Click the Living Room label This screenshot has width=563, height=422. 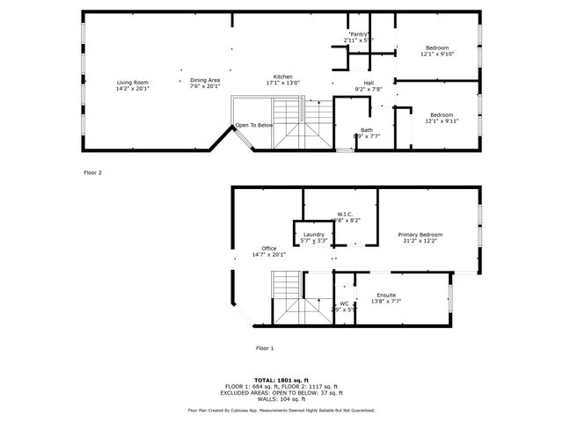pyautogui.click(x=133, y=82)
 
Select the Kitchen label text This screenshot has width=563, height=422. pyautogui.click(x=282, y=77)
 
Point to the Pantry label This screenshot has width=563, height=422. pyautogui.click(x=357, y=34)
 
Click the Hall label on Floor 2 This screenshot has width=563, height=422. pyautogui.click(x=369, y=84)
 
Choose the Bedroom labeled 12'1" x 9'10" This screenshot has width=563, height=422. pyautogui.click(x=437, y=47)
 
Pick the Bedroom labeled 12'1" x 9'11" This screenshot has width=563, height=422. pyautogui.click(x=441, y=115)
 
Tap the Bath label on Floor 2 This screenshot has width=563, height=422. pyautogui.click(x=366, y=130)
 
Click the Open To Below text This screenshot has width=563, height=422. pyautogui.click(x=254, y=126)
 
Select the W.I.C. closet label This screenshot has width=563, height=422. pyautogui.click(x=345, y=214)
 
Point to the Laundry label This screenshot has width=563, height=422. pyautogui.click(x=313, y=235)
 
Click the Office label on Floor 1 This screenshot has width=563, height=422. pyautogui.click(x=268, y=249)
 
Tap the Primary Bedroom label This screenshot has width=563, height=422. pyautogui.click(x=420, y=235)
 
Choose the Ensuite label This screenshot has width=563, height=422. pyautogui.click(x=386, y=295)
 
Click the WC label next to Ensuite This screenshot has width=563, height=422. pyautogui.click(x=344, y=304)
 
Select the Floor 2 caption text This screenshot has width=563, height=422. pyautogui.click(x=92, y=173)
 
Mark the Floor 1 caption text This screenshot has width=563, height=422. pyautogui.click(x=265, y=348)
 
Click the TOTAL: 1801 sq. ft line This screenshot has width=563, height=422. pyautogui.click(x=281, y=380)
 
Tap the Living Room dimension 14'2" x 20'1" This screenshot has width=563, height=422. pyautogui.click(x=133, y=89)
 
